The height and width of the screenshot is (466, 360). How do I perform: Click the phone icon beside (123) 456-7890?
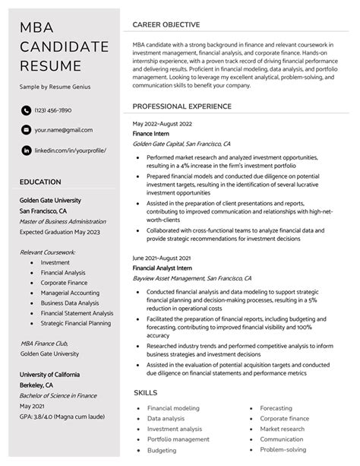tap(26, 110)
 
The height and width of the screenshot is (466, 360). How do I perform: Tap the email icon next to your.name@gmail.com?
tap(26, 130)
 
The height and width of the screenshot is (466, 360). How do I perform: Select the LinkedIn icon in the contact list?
tap(26, 151)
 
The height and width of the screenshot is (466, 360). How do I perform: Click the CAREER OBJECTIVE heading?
tap(166, 24)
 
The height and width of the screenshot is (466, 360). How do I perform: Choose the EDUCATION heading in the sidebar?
tap(41, 182)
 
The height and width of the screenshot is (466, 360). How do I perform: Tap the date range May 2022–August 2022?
tap(162, 123)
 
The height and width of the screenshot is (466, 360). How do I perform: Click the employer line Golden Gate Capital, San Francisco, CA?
tap(182, 143)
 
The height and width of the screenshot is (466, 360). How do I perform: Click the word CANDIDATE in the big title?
tap(65, 47)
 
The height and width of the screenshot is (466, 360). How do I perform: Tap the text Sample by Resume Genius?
tap(55, 87)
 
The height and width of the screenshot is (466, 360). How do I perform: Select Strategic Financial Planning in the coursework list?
tap(76, 323)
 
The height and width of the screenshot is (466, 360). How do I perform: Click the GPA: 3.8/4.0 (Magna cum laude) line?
tap(63, 417)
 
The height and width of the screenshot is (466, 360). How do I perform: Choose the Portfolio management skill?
tap(178, 439)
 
